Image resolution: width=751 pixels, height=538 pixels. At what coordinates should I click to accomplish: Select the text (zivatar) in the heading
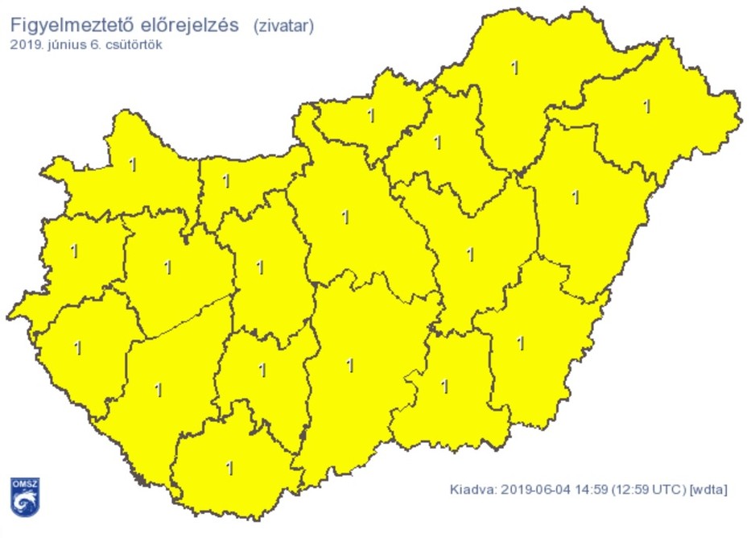[x=283, y=26]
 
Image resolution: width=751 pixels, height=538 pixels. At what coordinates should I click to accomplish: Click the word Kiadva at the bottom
[x=471, y=489]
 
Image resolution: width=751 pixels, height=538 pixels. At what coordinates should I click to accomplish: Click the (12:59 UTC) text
[x=650, y=489]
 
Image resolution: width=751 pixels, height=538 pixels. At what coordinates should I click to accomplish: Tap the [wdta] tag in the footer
[x=708, y=489]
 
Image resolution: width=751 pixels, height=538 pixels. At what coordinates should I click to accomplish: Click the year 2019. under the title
[x=26, y=45]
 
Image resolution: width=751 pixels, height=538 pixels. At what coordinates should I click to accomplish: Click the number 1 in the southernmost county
[x=230, y=468]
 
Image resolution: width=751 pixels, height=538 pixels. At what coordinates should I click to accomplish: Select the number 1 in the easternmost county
[x=646, y=106]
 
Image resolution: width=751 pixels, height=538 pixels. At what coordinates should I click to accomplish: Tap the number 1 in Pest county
[x=346, y=217]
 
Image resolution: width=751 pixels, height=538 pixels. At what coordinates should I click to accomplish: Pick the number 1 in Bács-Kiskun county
[x=349, y=366]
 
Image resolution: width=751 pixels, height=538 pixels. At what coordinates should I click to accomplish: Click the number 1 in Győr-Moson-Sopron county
[x=133, y=166]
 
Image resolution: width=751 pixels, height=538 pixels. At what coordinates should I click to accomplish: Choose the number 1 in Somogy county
[x=158, y=391]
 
